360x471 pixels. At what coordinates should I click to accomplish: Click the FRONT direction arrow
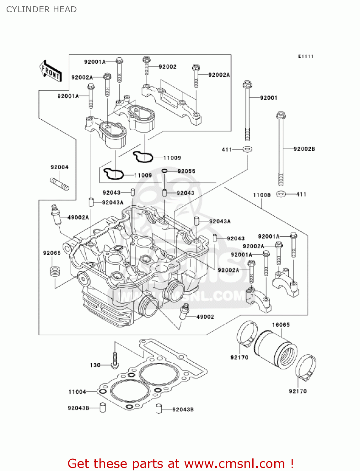[51, 71]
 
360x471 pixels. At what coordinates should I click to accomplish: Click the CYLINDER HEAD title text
[41, 9]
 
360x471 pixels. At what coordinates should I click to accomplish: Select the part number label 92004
[59, 167]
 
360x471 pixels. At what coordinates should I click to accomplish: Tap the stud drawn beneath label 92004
[59, 184]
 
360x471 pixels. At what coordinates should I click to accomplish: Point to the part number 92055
[186, 171]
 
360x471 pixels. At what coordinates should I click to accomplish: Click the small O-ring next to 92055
[165, 171]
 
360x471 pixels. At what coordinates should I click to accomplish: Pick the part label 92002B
[304, 149]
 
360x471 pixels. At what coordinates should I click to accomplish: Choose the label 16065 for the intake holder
[281, 325]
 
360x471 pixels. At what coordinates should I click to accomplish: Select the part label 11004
[77, 392]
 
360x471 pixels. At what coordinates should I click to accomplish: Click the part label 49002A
[78, 217]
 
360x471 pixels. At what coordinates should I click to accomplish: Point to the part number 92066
[52, 253]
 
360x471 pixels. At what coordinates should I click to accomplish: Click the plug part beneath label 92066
[55, 271]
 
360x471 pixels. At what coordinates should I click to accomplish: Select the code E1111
[306, 56]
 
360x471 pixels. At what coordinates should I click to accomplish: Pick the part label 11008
[262, 195]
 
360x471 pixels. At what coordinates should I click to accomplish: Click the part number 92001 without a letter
[269, 98]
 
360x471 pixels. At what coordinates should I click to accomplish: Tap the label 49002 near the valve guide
[205, 317]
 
